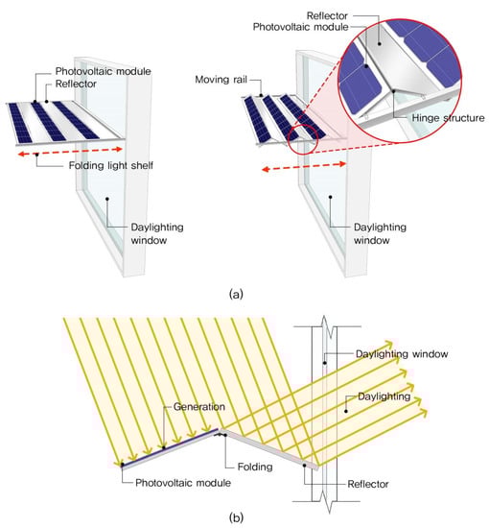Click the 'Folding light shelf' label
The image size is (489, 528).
[111, 165]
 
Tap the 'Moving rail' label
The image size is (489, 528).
[221, 80]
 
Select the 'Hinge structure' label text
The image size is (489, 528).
[449, 118]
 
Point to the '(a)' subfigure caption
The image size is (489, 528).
[236, 294]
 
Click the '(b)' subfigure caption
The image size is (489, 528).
[236, 516]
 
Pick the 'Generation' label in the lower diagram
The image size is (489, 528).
[199, 407]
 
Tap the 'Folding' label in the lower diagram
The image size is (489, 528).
[255, 467]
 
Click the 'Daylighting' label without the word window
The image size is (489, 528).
[384, 396]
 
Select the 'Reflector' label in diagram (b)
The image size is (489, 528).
[368, 484]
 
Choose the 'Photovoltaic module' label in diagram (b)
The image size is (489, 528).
[183, 483]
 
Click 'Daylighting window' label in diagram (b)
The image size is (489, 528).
[402, 354]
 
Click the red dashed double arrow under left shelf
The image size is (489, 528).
[70, 152]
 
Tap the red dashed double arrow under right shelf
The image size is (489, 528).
[304, 167]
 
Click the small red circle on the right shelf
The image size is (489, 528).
[303, 140]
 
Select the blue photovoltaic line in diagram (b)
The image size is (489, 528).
[170, 446]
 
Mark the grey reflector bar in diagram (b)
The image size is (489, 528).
[269, 449]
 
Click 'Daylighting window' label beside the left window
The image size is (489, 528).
[157, 233]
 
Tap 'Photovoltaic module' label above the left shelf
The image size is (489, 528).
[103, 71]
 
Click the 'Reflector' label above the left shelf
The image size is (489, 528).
[76, 84]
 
